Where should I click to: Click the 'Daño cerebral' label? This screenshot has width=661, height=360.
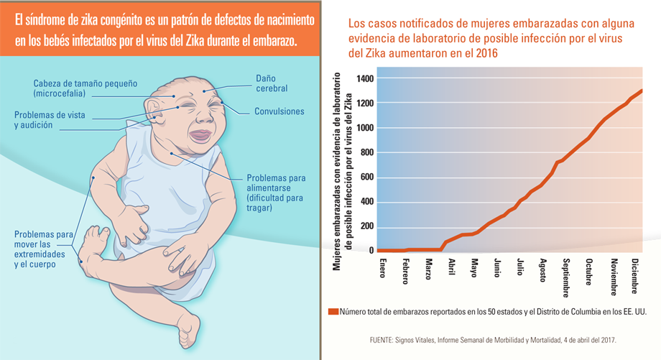click(272, 83)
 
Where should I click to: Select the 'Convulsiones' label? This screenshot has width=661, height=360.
click(279, 111)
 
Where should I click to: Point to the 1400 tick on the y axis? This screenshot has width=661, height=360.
click(364, 78)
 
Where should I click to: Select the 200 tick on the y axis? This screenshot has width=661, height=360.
click(366, 226)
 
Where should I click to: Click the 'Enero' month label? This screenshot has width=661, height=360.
click(383, 269)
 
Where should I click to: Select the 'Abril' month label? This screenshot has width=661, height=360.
click(451, 268)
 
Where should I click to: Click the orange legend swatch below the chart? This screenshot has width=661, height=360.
click(333, 311)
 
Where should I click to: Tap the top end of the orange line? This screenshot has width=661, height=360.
click(642, 91)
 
